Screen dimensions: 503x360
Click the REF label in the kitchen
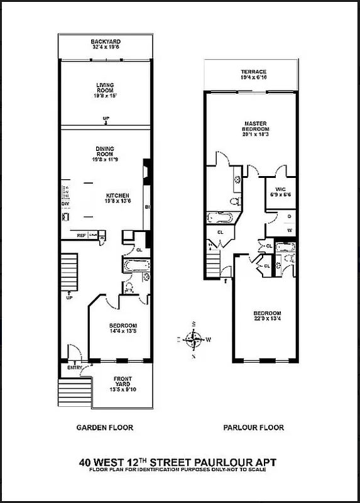81,235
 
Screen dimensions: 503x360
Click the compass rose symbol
195,340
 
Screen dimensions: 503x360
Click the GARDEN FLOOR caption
105,428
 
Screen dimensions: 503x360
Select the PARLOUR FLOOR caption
253,428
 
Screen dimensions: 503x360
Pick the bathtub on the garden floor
136,265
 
